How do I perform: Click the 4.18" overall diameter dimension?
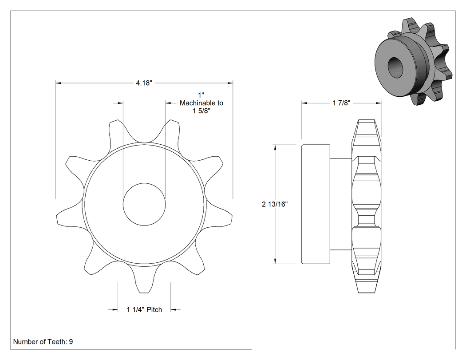click(x=144, y=83)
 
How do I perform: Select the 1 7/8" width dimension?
click(x=341, y=103)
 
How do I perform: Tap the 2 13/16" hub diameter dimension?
click(x=275, y=204)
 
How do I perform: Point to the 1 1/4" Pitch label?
click(x=144, y=309)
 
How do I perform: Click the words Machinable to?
click(x=201, y=103)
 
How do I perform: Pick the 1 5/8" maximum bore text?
click(x=201, y=111)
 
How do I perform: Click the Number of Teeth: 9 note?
click(x=43, y=341)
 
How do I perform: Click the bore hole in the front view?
click(x=144, y=204)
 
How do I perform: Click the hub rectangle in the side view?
click(x=316, y=204)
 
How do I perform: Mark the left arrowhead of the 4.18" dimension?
click(x=59, y=83)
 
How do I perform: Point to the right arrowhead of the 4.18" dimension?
click(x=230, y=83)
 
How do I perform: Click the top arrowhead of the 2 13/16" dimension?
click(x=275, y=147)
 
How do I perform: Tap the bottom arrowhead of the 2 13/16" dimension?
click(x=275, y=261)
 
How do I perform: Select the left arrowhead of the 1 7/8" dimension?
click(x=304, y=103)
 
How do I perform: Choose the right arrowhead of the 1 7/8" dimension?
click(x=378, y=103)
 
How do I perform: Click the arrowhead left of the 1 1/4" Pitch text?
click(x=115, y=310)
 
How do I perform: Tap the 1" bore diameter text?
click(x=201, y=95)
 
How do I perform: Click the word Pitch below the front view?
click(x=154, y=309)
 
